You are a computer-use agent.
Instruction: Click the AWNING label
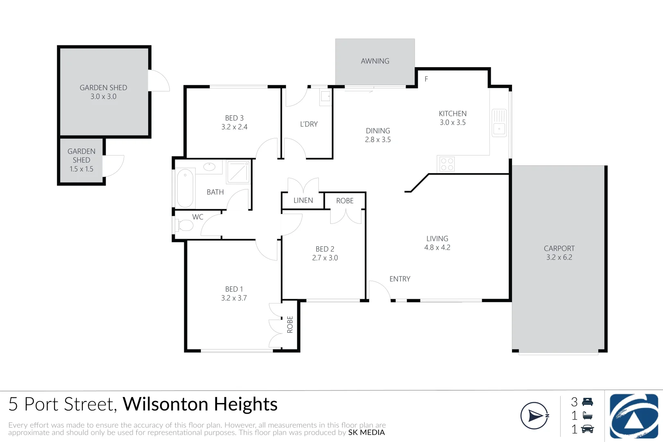(375, 61)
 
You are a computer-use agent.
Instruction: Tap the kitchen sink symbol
(499, 123)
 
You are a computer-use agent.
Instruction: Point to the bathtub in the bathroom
(185, 188)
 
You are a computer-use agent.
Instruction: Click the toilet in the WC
(184, 225)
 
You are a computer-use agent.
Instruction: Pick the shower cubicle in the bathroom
(239, 171)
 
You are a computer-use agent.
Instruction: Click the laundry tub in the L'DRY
(326, 97)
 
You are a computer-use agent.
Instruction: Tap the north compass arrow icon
(534, 416)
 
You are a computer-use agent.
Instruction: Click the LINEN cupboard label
(303, 201)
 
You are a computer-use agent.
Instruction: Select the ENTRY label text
(400, 279)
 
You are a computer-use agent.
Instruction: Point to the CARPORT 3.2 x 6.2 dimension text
(559, 257)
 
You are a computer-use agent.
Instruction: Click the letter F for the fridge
(426, 79)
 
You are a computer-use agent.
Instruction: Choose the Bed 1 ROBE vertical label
(290, 325)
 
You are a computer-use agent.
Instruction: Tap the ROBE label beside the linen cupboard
(345, 201)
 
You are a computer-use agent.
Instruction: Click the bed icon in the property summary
(588, 402)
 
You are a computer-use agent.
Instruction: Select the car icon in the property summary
(588, 429)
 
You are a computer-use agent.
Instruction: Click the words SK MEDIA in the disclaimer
(366, 433)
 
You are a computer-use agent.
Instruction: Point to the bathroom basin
(210, 167)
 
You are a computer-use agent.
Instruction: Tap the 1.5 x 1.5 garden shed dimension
(81, 169)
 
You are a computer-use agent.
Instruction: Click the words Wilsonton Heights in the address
(200, 404)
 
